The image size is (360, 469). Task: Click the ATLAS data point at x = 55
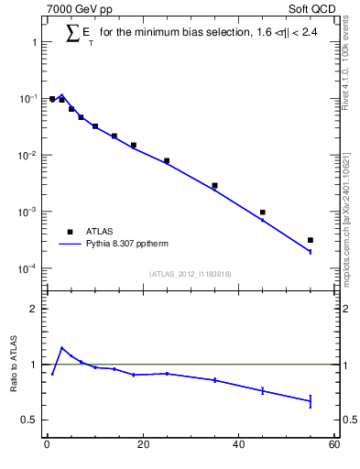(x=311, y=240)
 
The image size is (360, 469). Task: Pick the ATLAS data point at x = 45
(x=263, y=213)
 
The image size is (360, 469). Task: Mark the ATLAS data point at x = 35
(x=214, y=185)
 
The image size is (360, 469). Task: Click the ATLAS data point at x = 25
(x=167, y=160)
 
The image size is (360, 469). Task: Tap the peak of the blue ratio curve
(x=61, y=348)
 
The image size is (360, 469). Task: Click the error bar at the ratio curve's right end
(x=311, y=400)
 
